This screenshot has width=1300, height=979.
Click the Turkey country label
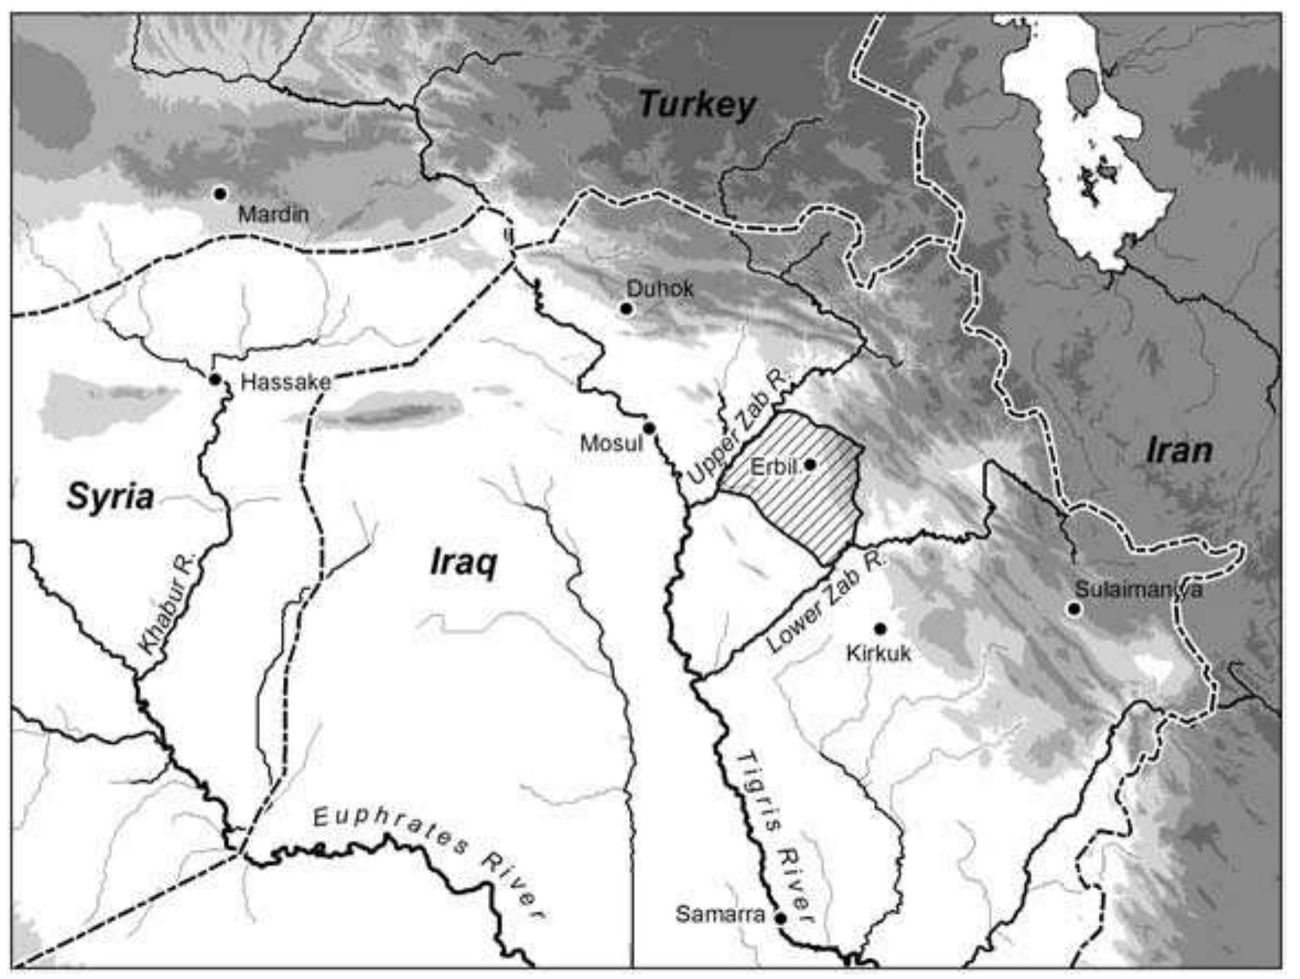[x=697, y=105]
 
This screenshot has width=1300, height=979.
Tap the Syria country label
[x=110, y=497]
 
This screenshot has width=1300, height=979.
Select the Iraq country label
[x=463, y=563]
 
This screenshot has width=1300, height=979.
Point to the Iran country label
[x=1179, y=451]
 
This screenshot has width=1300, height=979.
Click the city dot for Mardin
[x=219, y=193]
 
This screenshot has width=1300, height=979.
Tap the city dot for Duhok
[x=626, y=309]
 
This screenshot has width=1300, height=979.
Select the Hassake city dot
[x=215, y=379]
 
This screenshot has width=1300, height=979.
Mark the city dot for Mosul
[x=649, y=428]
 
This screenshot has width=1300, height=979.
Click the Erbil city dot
[x=810, y=465]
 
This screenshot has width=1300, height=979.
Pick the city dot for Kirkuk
[x=880, y=628]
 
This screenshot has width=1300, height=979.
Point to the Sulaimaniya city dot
[x=1074, y=609]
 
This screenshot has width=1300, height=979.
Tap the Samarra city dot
[x=780, y=918]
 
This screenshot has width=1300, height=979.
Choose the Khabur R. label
[x=168, y=605]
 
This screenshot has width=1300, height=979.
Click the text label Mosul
[x=611, y=443]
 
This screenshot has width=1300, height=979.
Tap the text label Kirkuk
[x=878, y=653]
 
